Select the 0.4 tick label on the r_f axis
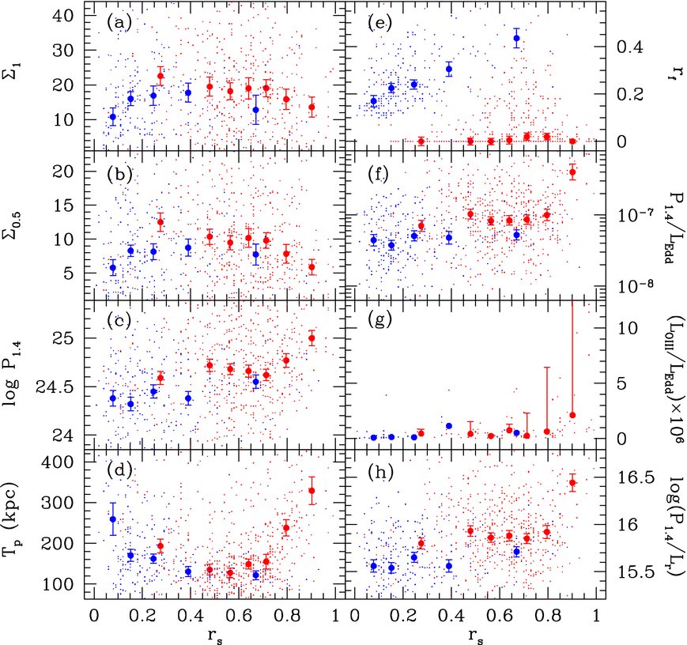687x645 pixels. pyautogui.click(x=630, y=47)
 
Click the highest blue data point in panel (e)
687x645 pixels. pyautogui.click(x=516, y=38)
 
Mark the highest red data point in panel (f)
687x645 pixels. pyautogui.click(x=572, y=172)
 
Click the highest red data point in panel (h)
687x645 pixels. pyautogui.click(x=572, y=483)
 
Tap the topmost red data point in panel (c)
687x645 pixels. pyautogui.click(x=311, y=338)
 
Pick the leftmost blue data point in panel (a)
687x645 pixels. pyautogui.click(x=113, y=117)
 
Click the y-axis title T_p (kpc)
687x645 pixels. pyautogui.click(x=14, y=520)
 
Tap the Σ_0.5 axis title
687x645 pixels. pyautogui.click(x=14, y=224)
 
